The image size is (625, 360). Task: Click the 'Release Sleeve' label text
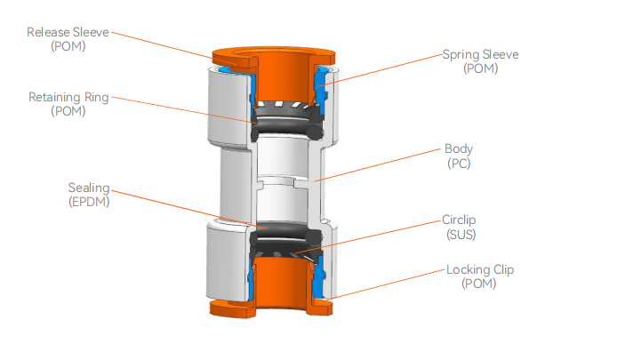coord(68,33)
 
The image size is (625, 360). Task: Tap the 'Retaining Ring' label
coord(68,97)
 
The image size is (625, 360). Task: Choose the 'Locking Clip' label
coord(480,269)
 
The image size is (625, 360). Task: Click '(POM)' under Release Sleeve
coord(68,47)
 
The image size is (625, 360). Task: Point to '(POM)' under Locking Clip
coord(480,284)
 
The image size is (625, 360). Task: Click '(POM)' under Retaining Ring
coord(68,111)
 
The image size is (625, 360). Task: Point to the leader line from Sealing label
coord(178,209)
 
